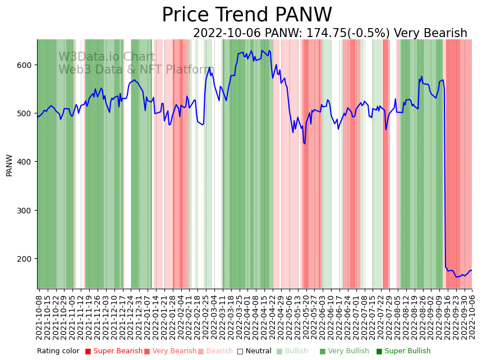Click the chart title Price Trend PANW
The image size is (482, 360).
pyautogui.click(x=247, y=15)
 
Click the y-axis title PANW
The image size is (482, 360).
pyautogui.click(x=10, y=165)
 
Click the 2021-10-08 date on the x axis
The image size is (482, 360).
pyautogui.click(x=39, y=317)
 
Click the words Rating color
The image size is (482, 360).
pyautogui.click(x=58, y=352)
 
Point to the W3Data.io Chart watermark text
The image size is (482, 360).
pyautogui.click(x=107, y=57)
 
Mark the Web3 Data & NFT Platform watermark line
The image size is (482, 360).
pyautogui.click(x=136, y=70)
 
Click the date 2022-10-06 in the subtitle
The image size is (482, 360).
pyautogui.click(x=227, y=34)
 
